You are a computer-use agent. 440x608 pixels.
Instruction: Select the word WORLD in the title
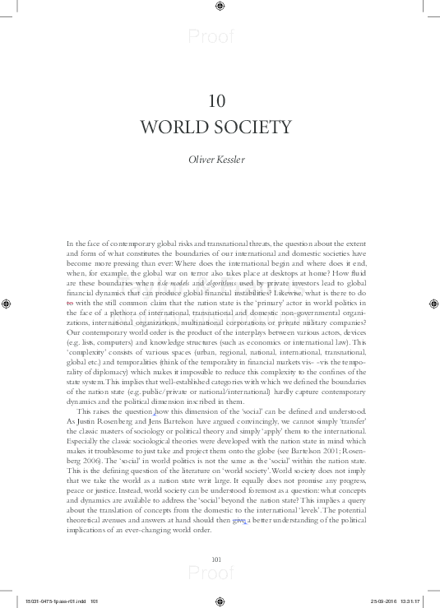coord(177,128)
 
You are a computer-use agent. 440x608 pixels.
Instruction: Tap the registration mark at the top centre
coord(219,7)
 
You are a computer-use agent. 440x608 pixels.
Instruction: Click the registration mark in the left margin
coord(7,304)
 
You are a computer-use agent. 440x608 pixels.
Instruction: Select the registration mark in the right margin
coord(433,304)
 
